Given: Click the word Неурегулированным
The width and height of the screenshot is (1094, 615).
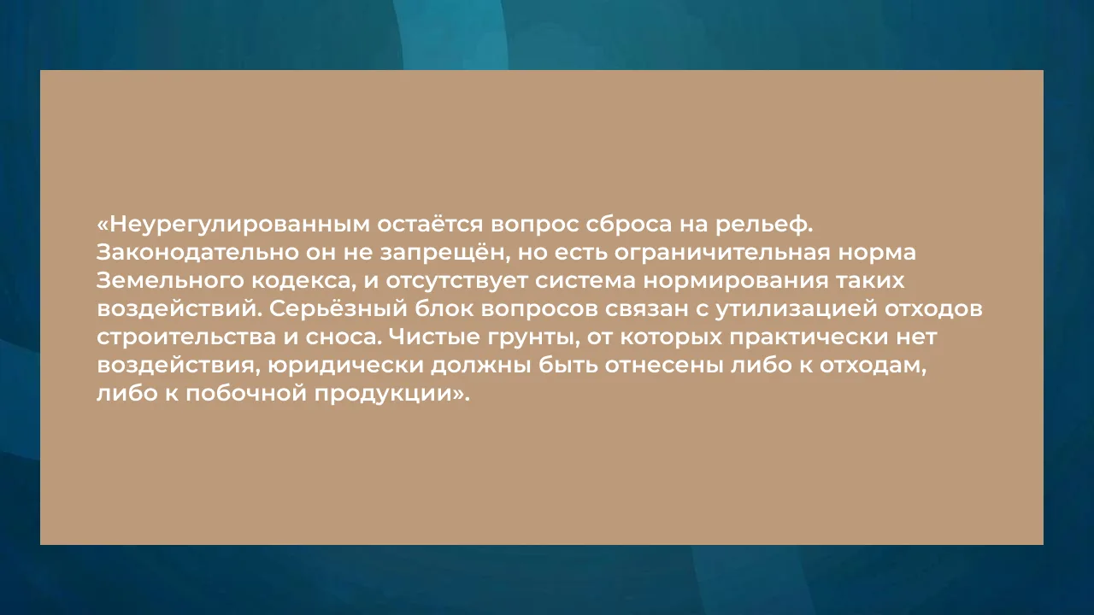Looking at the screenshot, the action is pyautogui.click(x=239, y=225).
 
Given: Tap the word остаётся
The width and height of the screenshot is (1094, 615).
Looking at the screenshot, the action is pyautogui.click(x=430, y=224).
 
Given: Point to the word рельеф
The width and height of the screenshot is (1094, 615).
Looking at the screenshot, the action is pyautogui.click(x=764, y=225).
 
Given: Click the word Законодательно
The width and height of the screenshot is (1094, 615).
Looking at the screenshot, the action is pyautogui.click(x=197, y=253).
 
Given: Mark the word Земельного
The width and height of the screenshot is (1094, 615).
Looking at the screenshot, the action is pyautogui.click(x=170, y=281).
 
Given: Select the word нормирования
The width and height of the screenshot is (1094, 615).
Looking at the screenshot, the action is pyautogui.click(x=736, y=281).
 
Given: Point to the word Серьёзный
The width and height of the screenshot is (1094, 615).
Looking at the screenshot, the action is pyautogui.click(x=338, y=309).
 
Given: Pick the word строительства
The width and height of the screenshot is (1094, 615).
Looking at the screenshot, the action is pyautogui.click(x=186, y=337).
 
